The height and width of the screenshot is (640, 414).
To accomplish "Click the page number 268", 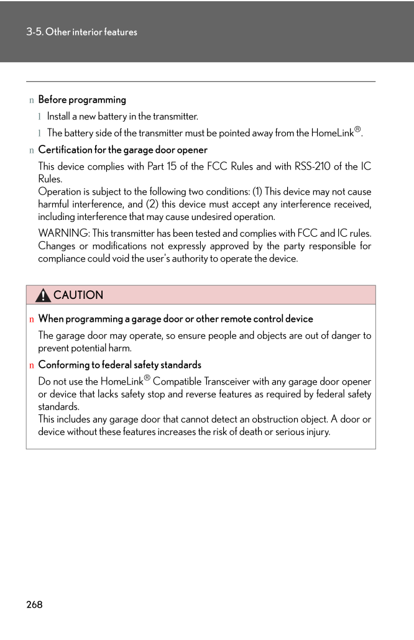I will click(x=35, y=605).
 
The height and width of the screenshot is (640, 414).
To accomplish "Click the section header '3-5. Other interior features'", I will click(x=81, y=32).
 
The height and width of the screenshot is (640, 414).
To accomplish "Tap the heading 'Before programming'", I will click(x=82, y=99).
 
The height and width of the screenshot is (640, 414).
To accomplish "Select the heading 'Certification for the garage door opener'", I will click(x=123, y=150).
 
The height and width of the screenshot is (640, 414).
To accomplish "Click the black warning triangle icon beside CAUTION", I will click(x=43, y=295).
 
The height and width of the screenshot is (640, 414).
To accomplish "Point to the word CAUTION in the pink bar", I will click(x=78, y=295).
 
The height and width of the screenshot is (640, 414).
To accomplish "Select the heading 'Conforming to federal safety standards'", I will click(x=120, y=365).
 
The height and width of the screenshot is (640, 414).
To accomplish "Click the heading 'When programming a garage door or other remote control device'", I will click(x=176, y=319).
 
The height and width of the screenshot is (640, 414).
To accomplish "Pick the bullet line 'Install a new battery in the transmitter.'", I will click(x=122, y=116).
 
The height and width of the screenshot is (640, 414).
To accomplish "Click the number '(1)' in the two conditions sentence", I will click(x=257, y=192).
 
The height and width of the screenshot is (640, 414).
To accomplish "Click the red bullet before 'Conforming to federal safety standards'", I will click(x=31, y=365).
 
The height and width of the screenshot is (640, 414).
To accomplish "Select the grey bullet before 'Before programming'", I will click(x=31, y=100).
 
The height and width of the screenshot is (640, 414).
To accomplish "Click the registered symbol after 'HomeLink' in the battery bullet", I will click(x=357, y=130).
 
